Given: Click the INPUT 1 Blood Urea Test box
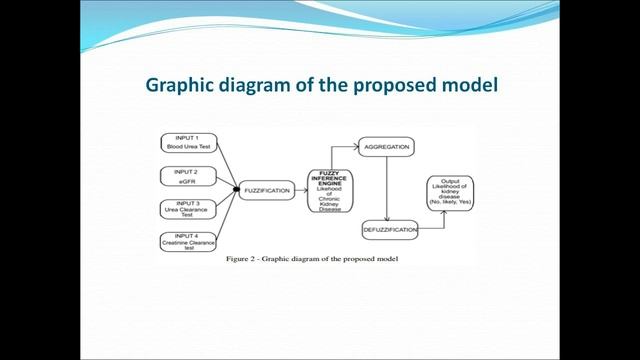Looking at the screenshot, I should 188,142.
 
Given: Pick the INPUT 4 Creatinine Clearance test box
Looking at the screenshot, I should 188,241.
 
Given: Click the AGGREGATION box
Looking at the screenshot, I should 385,146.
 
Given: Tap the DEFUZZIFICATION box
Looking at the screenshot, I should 388,229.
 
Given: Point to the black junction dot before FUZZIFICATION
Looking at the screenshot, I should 236,189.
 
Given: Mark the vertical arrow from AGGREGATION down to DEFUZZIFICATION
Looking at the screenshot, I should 386,187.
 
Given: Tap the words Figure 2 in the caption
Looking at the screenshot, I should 243,259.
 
